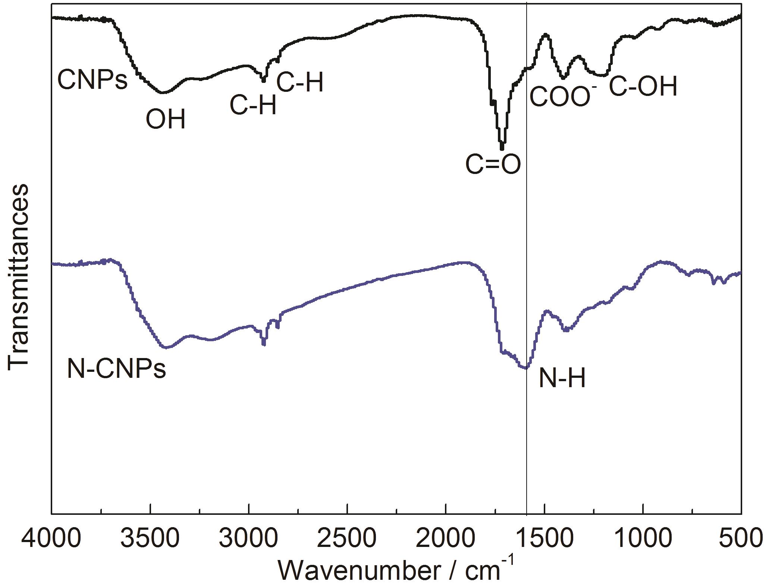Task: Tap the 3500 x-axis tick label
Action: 150,539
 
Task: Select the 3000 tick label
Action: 249,539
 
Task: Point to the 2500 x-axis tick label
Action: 347,539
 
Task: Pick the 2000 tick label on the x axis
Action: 446,539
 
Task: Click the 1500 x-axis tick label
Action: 545,539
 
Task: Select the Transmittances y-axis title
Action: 18,277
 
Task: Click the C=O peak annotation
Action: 493,165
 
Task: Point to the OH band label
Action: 165,119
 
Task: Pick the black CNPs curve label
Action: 92,81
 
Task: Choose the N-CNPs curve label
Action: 116,370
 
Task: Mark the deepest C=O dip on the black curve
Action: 502,148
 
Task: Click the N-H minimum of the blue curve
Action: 525,368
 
